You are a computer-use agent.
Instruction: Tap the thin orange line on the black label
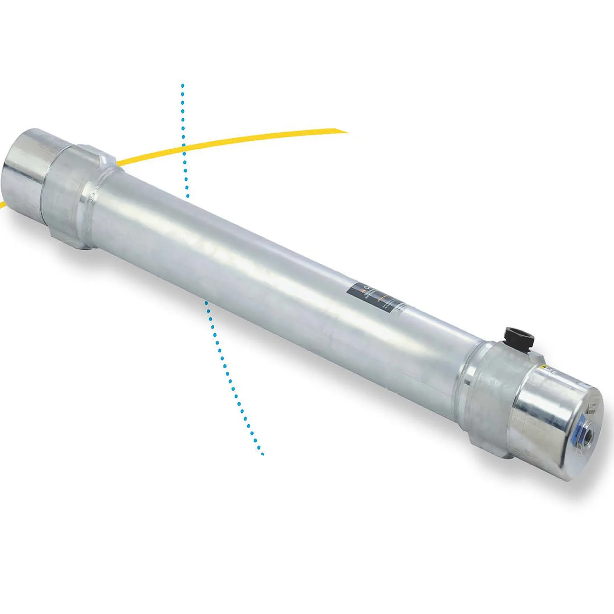pyautogui.click(x=382, y=298)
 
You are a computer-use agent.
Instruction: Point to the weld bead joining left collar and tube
pyautogui.click(x=92, y=203)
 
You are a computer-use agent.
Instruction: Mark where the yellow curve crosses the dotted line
pyautogui.click(x=183, y=149)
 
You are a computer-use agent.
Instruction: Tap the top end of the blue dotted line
pyautogui.click(x=182, y=85)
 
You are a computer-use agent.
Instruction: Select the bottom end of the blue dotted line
pyautogui.click(x=262, y=454)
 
